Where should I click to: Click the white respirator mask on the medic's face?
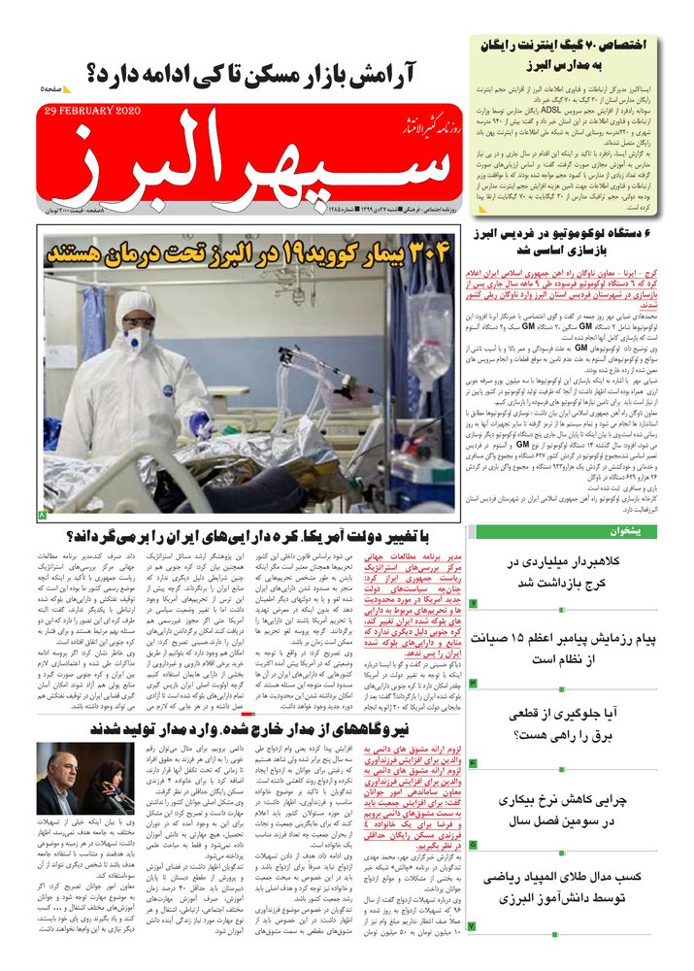pyautogui.click(x=137, y=339)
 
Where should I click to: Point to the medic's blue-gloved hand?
pyautogui.click(x=200, y=423)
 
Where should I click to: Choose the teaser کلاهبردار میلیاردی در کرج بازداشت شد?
pyautogui.click(x=567, y=571)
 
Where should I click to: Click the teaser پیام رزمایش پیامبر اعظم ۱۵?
pyautogui.click(x=567, y=650)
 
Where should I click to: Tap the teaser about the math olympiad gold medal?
pyautogui.click(x=567, y=893)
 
